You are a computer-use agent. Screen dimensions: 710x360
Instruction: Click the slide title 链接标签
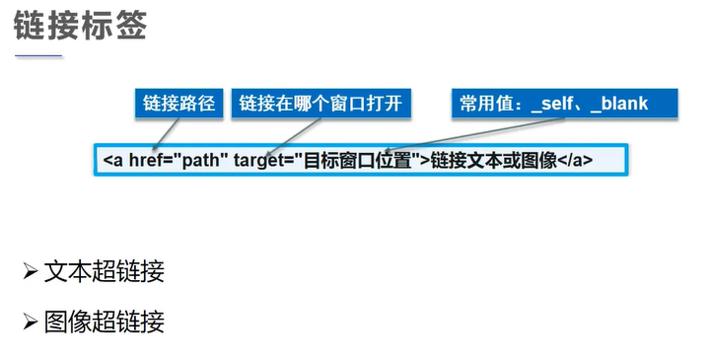(80, 27)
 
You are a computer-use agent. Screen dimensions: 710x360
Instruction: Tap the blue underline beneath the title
(38, 56)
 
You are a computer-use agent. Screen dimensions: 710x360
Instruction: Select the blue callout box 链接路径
(178, 104)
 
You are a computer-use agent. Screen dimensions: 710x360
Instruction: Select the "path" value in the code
(200, 160)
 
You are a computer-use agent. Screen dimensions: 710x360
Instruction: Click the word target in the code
(260, 160)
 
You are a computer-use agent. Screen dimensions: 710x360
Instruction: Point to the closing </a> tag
(576, 160)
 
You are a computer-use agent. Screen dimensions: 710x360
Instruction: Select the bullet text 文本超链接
(104, 271)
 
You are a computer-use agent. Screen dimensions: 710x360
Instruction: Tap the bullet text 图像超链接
(104, 321)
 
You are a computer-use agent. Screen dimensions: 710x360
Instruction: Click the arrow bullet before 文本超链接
(30, 271)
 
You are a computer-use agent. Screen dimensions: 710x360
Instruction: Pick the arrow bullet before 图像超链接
(30, 321)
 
